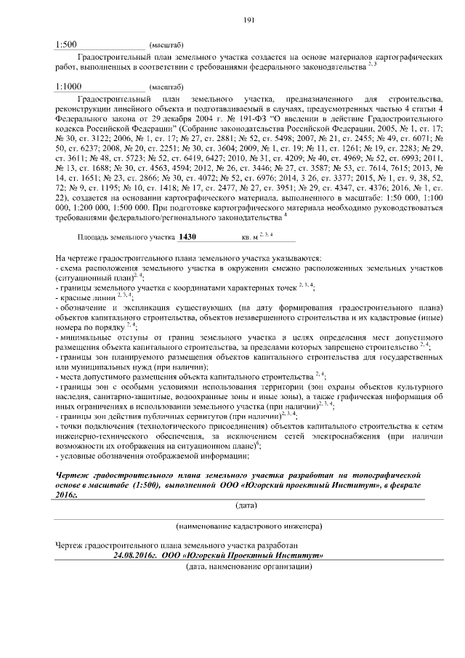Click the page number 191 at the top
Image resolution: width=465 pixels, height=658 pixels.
(247, 20)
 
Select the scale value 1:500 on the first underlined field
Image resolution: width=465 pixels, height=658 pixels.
(67, 44)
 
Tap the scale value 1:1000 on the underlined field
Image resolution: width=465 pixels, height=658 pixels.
(69, 86)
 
